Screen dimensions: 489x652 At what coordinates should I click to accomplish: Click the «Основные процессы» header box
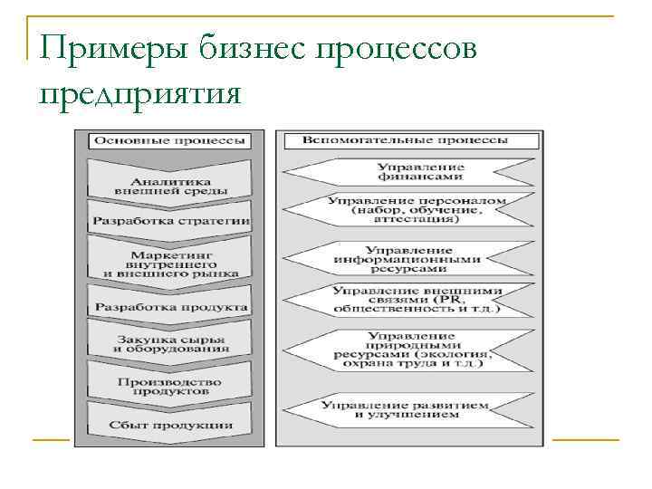pos(170,141)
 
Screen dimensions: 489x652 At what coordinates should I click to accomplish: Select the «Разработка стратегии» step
pos(170,221)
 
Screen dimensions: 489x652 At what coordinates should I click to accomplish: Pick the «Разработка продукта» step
pos(170,307)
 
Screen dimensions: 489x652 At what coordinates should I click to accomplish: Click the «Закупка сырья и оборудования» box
pos(170,343)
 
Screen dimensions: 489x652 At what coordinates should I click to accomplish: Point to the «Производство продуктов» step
pos(170,386)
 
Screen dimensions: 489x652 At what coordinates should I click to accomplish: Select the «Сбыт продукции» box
pos(170,425)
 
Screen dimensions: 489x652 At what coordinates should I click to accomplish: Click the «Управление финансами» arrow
pos(407,172)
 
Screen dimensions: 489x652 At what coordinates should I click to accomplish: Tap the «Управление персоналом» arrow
pos(407,209)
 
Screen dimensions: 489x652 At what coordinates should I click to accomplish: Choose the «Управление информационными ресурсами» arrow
pos(407,258)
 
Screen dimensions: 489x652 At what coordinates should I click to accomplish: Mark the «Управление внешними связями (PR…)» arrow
pos(407,300)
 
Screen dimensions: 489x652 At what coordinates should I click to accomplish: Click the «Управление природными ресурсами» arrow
pos(407,350)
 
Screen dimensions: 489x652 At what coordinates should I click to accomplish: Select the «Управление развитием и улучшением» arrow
pos(407,408)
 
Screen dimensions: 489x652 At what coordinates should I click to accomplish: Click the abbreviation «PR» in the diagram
pos(449,299)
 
